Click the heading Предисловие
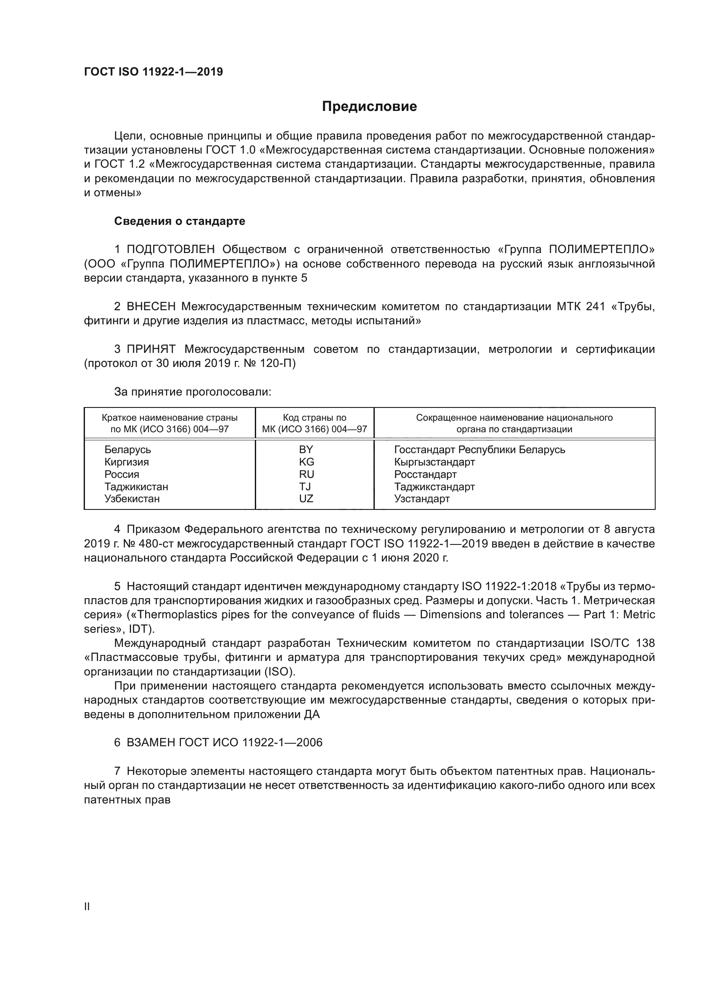[369, 107]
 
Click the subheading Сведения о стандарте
[180, 221]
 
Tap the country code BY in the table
[306, 449]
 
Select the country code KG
[306, 462]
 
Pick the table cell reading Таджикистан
[136, 486]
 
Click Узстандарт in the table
[422, 498]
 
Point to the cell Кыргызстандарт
[434, 462]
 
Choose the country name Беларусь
[127, 449]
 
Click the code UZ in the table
[306, 498]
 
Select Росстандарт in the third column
[425, 474]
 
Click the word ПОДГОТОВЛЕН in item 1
[170, 250]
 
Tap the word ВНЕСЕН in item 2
[151, 307]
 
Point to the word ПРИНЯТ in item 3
[151, 349]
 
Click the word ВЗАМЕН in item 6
[151, 742]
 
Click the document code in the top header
[153, 72]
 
